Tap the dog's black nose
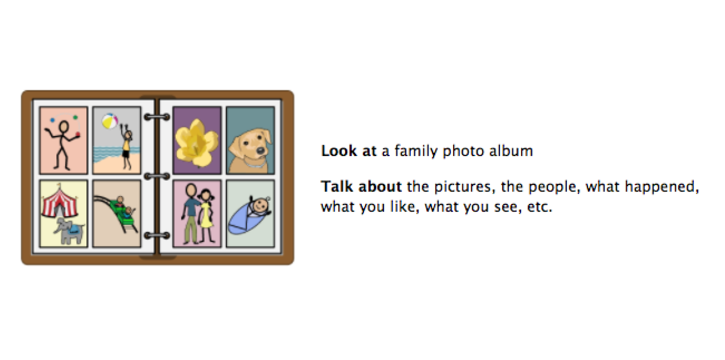point(261,150)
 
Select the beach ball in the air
point(110,121)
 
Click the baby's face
point(261,205)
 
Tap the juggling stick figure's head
point(63,127)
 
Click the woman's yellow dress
point(206,216)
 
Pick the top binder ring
point(157,117)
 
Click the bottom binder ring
point(157,236)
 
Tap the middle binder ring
point(157,176)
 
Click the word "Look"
point(339,151)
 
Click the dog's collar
point(254,164)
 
